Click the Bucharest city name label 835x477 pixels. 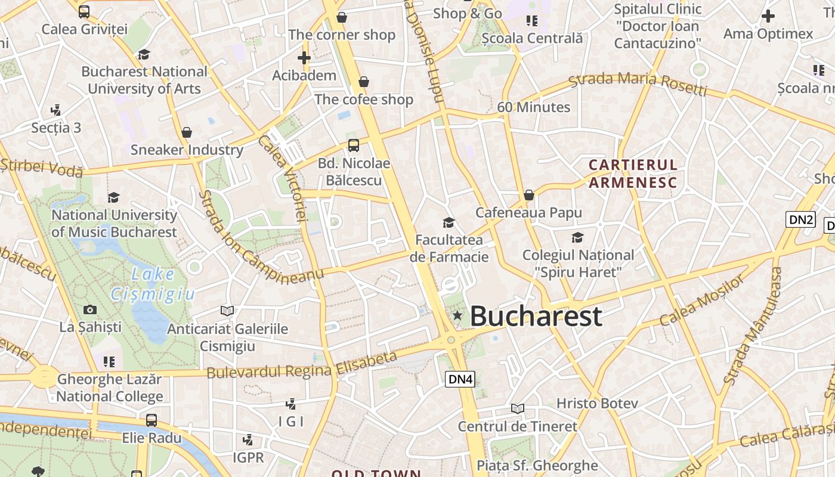[536, 316]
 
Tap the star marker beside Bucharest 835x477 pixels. [457, 315]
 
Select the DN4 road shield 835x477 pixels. [460, 379]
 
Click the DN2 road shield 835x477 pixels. [800, 219]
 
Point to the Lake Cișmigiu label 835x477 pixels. [153, 284]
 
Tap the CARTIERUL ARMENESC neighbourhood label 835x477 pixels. [633, 174]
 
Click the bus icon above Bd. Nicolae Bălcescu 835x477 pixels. [354, 145]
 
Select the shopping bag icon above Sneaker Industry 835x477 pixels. [187, 132]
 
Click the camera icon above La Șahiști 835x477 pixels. [90, 309]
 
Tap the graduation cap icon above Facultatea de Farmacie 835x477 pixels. [449, 222]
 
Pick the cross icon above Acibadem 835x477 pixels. [304, 58]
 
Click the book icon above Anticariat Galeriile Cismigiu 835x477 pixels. [227, 311]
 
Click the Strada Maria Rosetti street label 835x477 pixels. [638, 83]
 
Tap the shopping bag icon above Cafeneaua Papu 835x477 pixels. [528, 195]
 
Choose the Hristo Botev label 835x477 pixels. [597, 404]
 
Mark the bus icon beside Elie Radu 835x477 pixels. [151, 420]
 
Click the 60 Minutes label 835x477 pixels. [534, 107]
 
